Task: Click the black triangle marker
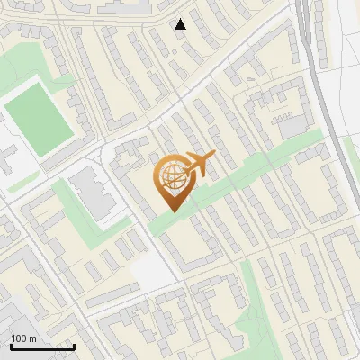pyautogui.click(x=181, y=24)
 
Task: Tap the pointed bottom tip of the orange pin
pyautogui.click(x=171, y=212)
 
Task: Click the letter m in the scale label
pyautogui.click(x=33, y=338)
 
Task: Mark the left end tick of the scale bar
pyautogui.click(x=11, y=346)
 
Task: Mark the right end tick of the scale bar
pyautogui.click(x=74, y=346)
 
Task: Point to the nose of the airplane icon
pyautogui.click(x=215, y=157)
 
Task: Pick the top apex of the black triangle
pyautogui.click(x=181, y=19)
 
